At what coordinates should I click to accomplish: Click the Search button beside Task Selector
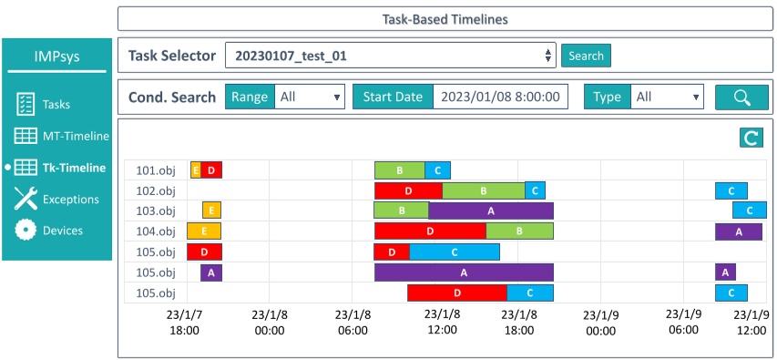tap(586, 56)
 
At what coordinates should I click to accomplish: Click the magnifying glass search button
tap(741, 98)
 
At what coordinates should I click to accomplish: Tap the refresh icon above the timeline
tap(751, 139)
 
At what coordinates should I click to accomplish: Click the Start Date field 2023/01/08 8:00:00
tap(500, 98)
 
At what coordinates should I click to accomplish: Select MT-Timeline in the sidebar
tap(75, 137)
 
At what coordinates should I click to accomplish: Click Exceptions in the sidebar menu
tap(70, 199)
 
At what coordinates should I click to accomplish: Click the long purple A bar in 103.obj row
tap(491, 211)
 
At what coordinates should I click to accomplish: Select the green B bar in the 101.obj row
tap(399, 170)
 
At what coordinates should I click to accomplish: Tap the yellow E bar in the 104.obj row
tap(204, 231)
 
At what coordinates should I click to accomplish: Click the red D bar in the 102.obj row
tap(408, 190)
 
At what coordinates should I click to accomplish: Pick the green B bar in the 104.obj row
tap(519, 231)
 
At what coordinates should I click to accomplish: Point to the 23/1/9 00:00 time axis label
tap(601, 322)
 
